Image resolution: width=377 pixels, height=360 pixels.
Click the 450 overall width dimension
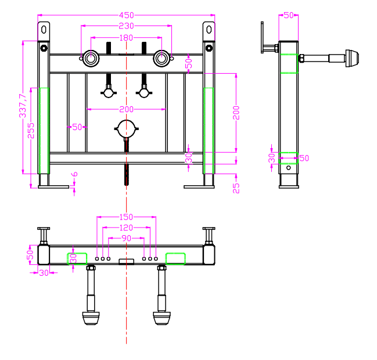coord(127,15)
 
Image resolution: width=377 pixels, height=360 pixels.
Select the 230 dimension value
coord(126,26)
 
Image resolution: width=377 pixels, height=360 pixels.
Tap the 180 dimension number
coord(126,38)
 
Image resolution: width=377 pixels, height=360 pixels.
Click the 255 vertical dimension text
coord(31,131)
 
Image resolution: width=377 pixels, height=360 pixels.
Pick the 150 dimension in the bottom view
coord(126,217)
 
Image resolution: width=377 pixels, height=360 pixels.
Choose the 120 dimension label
coord(126,228)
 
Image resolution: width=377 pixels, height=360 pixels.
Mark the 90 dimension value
coord(127,238)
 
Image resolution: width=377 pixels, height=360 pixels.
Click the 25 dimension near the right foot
coord(236,188)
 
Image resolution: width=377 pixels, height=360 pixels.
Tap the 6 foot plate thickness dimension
coord(75,174)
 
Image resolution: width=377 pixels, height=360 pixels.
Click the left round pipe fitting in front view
coord(91,59)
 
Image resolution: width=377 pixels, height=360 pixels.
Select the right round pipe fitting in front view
coord(162,59)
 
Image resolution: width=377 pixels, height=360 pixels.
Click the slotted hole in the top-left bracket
coord(44,30)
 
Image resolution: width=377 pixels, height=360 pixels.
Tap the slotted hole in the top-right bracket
coord(209,30)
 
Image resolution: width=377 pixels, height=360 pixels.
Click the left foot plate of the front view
coord(53,187)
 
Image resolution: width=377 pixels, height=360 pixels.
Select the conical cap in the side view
coord(352,59)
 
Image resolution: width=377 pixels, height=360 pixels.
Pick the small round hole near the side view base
coord(289,168)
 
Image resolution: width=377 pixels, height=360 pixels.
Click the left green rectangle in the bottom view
coord(77,258)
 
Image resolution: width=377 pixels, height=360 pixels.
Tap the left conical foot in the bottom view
coord(91,318)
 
